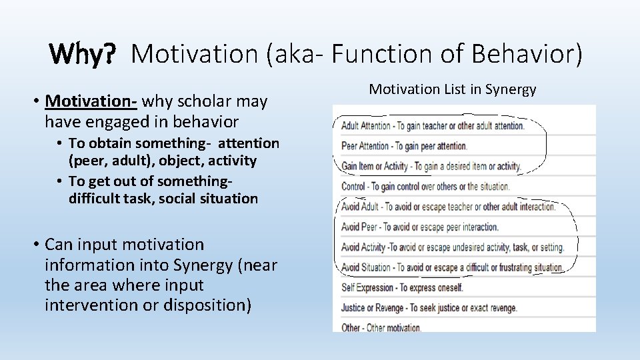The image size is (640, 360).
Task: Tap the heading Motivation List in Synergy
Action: point(453,89)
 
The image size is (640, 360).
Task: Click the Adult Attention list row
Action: point(433,125)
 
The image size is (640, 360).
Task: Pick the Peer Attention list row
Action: point(404,145)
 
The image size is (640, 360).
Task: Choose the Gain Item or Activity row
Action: point(431,166)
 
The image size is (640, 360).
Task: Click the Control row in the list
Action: point(425,187)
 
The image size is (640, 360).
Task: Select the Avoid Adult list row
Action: point(448,207)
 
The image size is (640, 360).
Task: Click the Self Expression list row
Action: point(401,288)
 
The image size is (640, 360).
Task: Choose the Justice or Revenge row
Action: point(429,308)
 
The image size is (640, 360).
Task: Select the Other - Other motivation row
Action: point(381,327)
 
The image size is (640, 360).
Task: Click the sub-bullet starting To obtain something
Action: point(173,151)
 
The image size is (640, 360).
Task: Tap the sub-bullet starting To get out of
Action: point(163,189)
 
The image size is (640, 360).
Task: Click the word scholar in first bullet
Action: point(197,101)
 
